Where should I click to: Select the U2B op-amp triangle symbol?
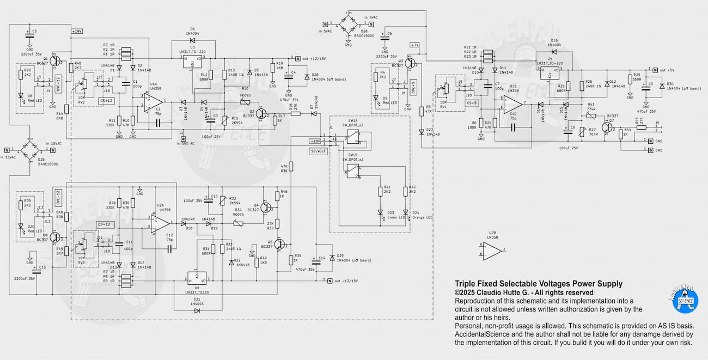click(492, 250)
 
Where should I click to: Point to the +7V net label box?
click(415, 45)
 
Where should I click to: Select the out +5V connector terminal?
click(652, 70)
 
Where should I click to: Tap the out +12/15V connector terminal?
click(298, 58)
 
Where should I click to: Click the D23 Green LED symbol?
click(380, 213)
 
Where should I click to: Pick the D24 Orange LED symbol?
click(405, 213)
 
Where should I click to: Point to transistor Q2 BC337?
click(261, 113)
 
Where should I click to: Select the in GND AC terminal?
click(184, 138)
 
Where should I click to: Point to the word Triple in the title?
click(466, 284)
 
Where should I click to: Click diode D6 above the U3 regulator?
click(192, 40)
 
